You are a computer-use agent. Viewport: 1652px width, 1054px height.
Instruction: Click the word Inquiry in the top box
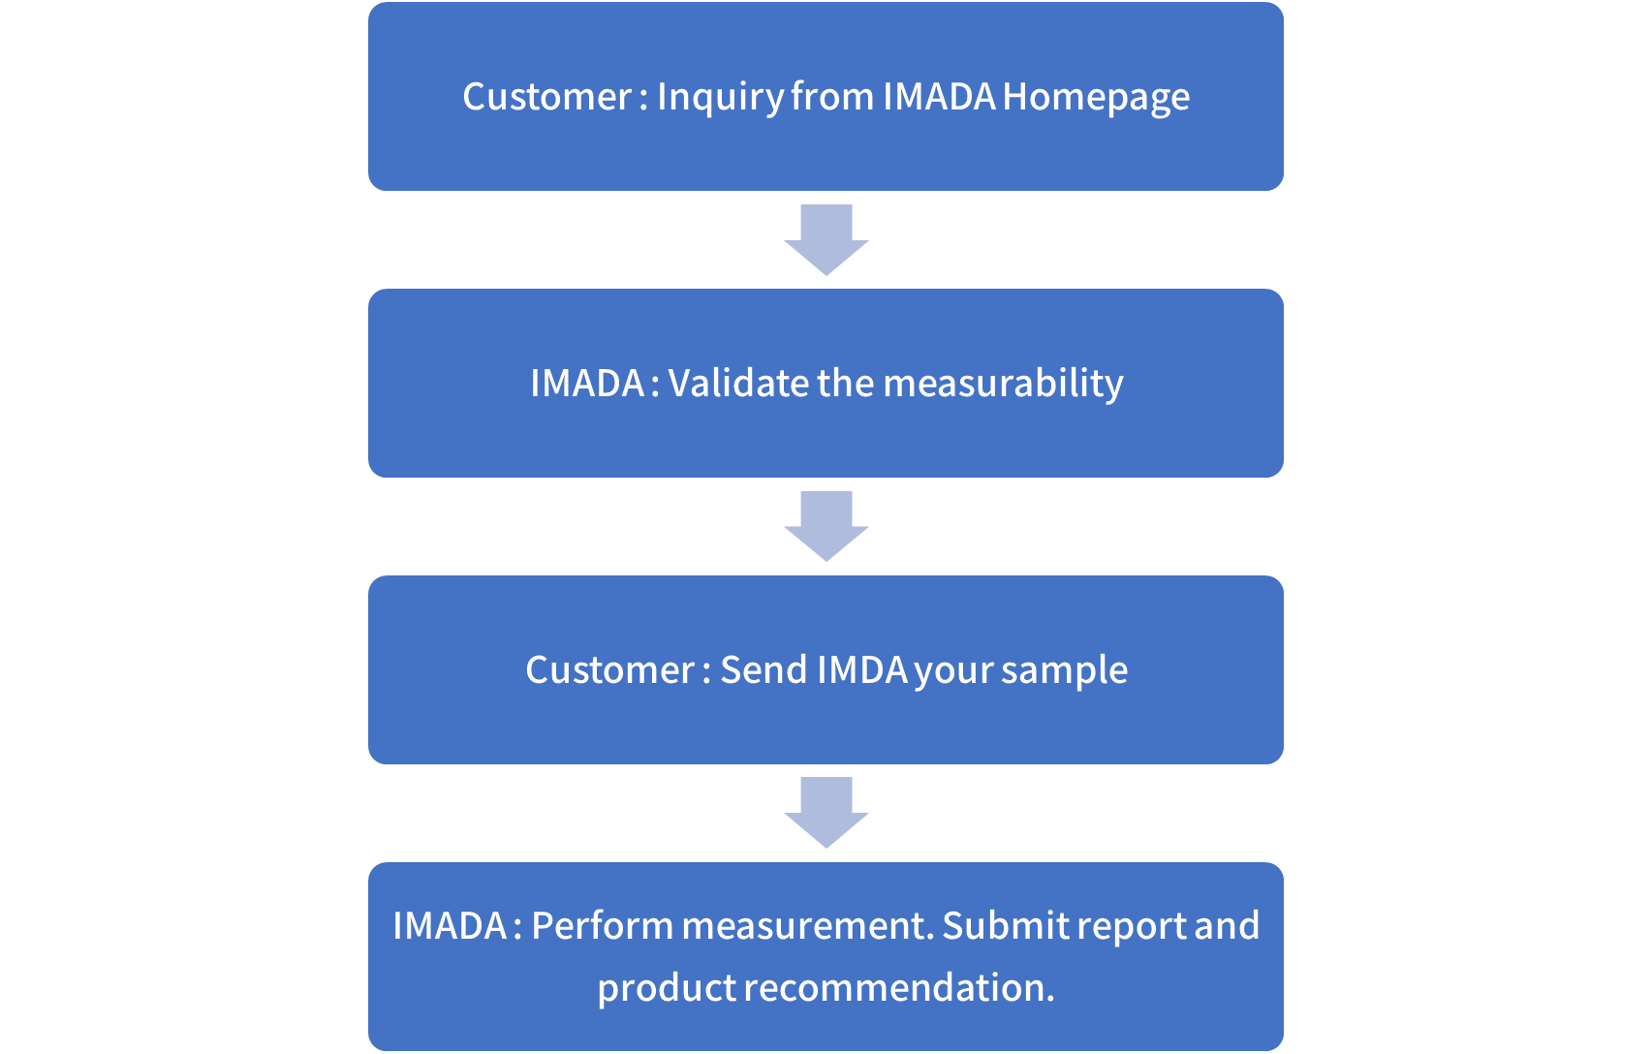720,98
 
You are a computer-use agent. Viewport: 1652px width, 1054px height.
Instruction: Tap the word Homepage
1096,98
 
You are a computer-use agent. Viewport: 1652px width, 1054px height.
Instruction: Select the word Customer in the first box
547,97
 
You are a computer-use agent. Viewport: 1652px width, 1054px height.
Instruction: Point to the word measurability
1003,385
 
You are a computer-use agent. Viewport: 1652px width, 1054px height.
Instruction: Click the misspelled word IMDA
862,669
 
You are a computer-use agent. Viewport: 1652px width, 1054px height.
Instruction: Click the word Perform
602,926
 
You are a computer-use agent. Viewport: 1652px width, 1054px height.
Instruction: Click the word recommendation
899,987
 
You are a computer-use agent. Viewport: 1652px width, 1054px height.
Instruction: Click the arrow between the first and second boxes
826,239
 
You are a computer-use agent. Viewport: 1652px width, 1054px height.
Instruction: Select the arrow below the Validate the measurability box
826,526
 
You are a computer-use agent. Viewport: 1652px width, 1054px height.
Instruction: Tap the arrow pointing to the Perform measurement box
826,812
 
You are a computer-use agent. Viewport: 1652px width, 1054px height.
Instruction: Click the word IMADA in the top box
939,97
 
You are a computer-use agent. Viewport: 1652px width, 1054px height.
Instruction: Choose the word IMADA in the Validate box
587,383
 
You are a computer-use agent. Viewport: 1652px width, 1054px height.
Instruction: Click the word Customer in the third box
609,669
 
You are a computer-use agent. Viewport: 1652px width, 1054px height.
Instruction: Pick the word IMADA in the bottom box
450,926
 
